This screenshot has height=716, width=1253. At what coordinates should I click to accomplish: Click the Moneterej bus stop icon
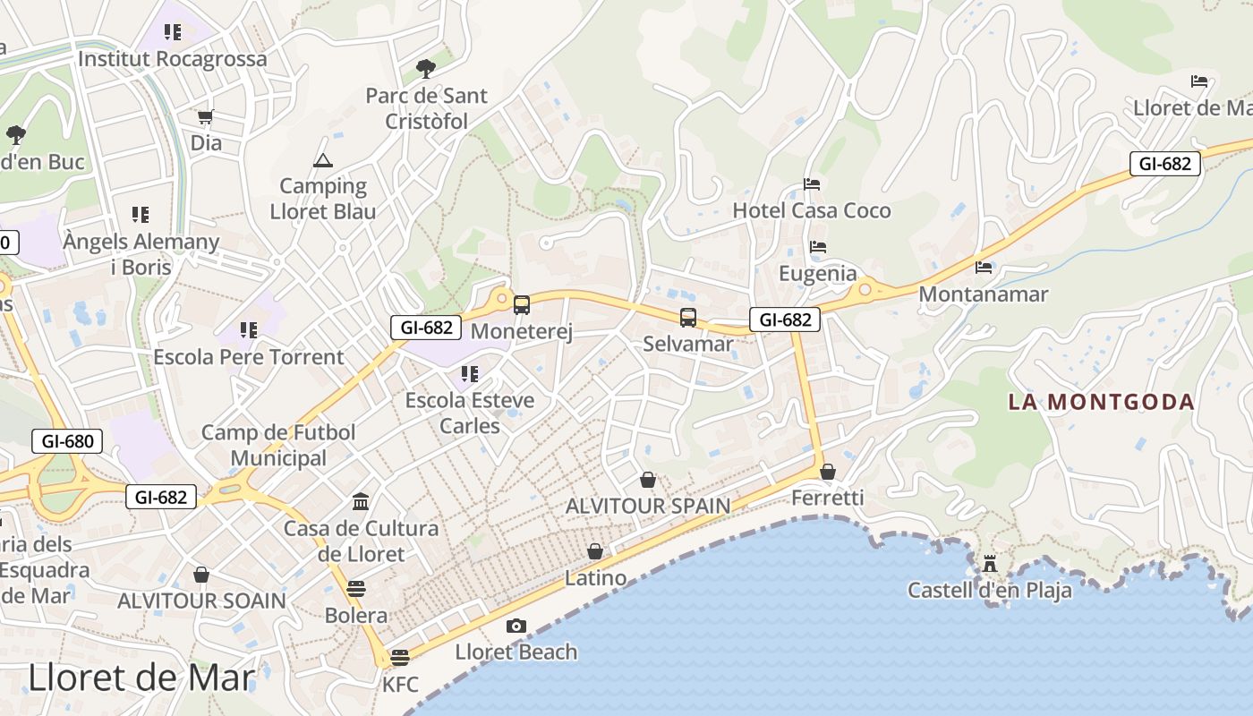(522, 305)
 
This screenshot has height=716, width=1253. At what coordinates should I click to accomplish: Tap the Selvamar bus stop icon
(687, 318)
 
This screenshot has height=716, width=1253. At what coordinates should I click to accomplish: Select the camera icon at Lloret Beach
(516, 626)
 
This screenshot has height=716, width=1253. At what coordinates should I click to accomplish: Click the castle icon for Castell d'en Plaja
(989, 564)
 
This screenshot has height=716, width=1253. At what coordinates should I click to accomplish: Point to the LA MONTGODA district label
(1101, 402)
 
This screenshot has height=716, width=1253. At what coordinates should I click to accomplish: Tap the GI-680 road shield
(67, 440)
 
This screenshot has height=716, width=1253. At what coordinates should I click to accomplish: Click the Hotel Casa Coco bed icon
(812, 184)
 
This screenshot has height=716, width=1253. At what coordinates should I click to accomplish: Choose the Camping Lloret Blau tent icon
(322, 160)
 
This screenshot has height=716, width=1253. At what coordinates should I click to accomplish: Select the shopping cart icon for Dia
(206, 116)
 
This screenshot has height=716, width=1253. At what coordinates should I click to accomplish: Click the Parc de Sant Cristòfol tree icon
(426, 68)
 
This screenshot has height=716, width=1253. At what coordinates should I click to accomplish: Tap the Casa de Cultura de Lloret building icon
(361, 501)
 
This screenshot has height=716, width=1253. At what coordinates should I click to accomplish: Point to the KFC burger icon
(400, 658)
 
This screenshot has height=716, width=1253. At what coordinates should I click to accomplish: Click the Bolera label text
(356, 616)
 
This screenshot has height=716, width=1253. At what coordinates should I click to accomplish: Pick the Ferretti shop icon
(828, 471)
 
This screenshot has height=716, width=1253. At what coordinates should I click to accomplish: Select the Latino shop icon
(595, 551)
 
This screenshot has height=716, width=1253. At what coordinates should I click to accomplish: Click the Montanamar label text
(983, 294)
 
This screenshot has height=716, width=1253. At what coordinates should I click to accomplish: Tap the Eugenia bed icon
(817, 247)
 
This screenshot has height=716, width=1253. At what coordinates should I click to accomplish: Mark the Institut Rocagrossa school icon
(173, 32)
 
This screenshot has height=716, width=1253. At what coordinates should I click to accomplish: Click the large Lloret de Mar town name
(141, 678)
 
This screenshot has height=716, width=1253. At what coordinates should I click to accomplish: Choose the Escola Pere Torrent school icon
(248, 329)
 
